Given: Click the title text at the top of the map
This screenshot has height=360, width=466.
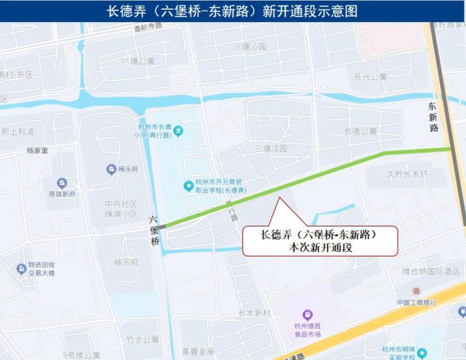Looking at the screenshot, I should (x=232, y=11).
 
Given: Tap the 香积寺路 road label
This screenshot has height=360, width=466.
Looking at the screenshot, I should (x=148, y=28).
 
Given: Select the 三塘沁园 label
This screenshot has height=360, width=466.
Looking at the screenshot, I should (x=250, y=47).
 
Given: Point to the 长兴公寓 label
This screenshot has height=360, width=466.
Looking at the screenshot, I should (x=370, y=77).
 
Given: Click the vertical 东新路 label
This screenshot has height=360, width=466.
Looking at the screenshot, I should (x=433, y=116).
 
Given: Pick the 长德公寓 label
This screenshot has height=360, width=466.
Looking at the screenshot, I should (x=361, y=131).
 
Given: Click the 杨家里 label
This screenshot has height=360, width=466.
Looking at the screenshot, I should (x=37, y=150).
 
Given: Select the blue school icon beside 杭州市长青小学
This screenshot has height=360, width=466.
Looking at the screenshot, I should (x=178, y=130).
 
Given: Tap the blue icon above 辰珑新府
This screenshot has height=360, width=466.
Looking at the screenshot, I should (x=62, y=183).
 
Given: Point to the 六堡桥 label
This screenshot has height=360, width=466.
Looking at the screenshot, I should (x=154, y=230).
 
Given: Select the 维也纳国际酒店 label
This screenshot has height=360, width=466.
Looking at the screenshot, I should (x=431, y=271).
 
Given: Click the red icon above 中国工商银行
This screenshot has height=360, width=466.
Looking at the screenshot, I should (x=416, y=291).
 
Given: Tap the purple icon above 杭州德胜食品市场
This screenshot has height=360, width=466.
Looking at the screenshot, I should (x=307, y=314).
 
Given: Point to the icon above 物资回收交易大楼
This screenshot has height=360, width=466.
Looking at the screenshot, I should (x=21, y=268).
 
